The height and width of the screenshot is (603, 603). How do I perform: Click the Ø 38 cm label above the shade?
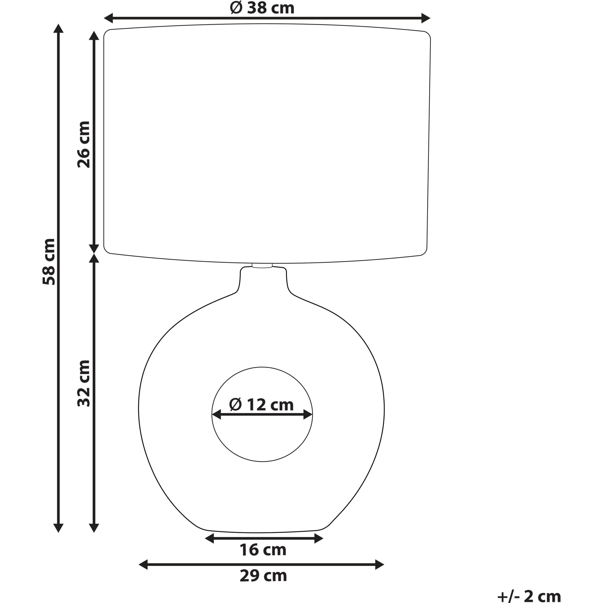tap(262, 8)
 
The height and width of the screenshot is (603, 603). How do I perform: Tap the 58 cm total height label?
tap(49, 262)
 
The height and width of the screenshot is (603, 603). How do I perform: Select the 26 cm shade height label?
tap(84, 144)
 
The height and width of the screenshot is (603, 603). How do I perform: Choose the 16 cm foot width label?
tap(263, 550)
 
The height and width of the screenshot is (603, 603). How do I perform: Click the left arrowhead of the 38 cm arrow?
tap(108, 18)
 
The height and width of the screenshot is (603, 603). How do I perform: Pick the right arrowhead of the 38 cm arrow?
tap(426, 18)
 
